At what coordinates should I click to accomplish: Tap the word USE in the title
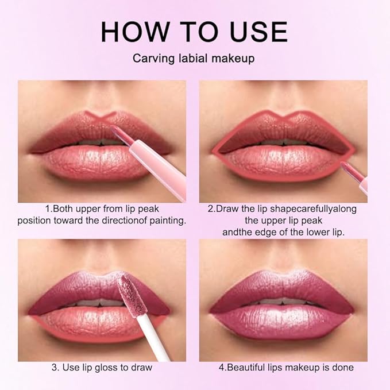tap(257, 32)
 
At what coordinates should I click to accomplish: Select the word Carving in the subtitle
tap(150, 59)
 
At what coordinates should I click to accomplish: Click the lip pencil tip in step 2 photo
tap(346, 168)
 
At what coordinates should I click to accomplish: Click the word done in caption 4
tap(342, 368)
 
